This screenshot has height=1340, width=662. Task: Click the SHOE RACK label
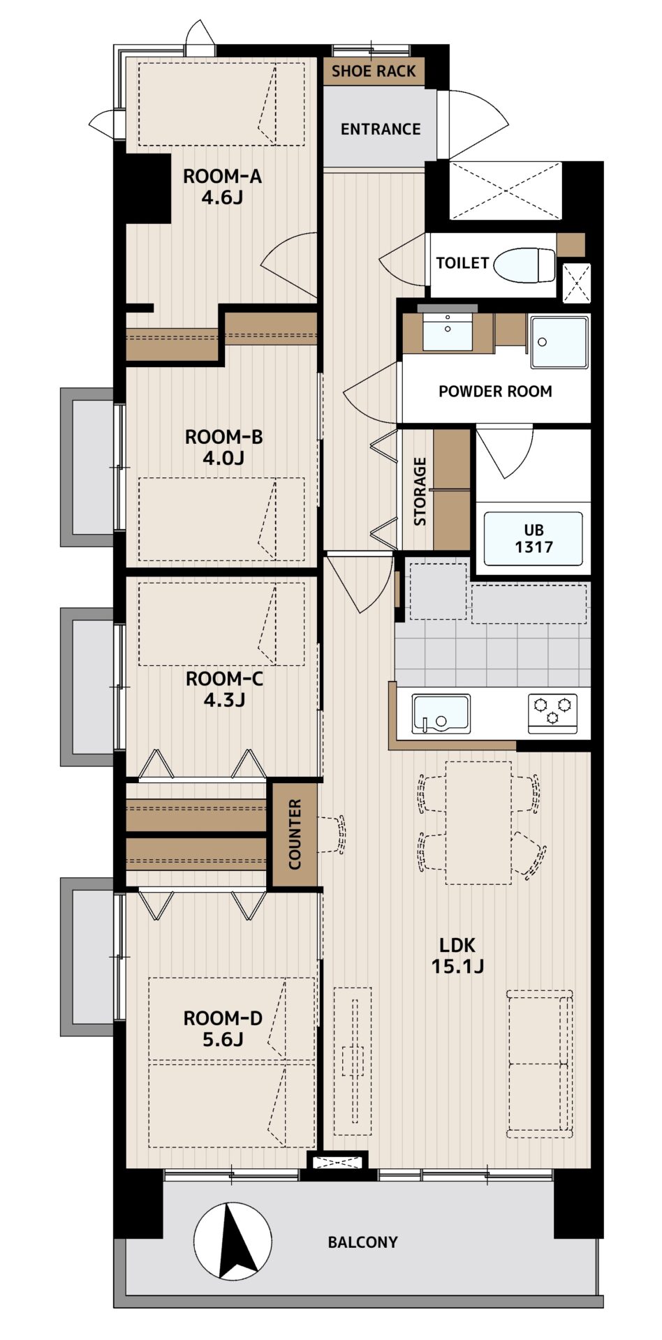[x=374, y=71]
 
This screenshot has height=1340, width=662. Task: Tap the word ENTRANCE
[x=381, y=129]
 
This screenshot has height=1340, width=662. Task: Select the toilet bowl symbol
[x=524, y=265]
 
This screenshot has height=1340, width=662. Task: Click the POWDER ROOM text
[x=495, y=392]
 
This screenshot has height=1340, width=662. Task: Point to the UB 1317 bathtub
[x=534, y=538]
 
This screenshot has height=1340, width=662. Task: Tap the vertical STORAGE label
[x=420, y=491]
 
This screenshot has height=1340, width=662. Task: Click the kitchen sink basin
[x=441, y=713]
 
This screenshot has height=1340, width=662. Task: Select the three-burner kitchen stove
[x=553, y=713]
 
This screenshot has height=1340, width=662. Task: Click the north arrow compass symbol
[x=233, y=1243]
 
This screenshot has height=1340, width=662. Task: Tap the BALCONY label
[x=363, y=1242]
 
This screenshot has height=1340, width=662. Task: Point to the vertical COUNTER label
[x=294, y=835]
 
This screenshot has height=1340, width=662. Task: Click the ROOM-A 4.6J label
[x=223, y=187]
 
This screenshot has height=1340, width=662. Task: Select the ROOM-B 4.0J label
[x=224, y=447]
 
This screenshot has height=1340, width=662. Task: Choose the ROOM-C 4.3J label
[x=224, y=689]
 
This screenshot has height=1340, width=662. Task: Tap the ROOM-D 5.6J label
[x=223, y=1029]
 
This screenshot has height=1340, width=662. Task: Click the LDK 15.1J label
[x=457, y=955]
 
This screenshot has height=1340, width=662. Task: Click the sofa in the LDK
[x=540, y=1064]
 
